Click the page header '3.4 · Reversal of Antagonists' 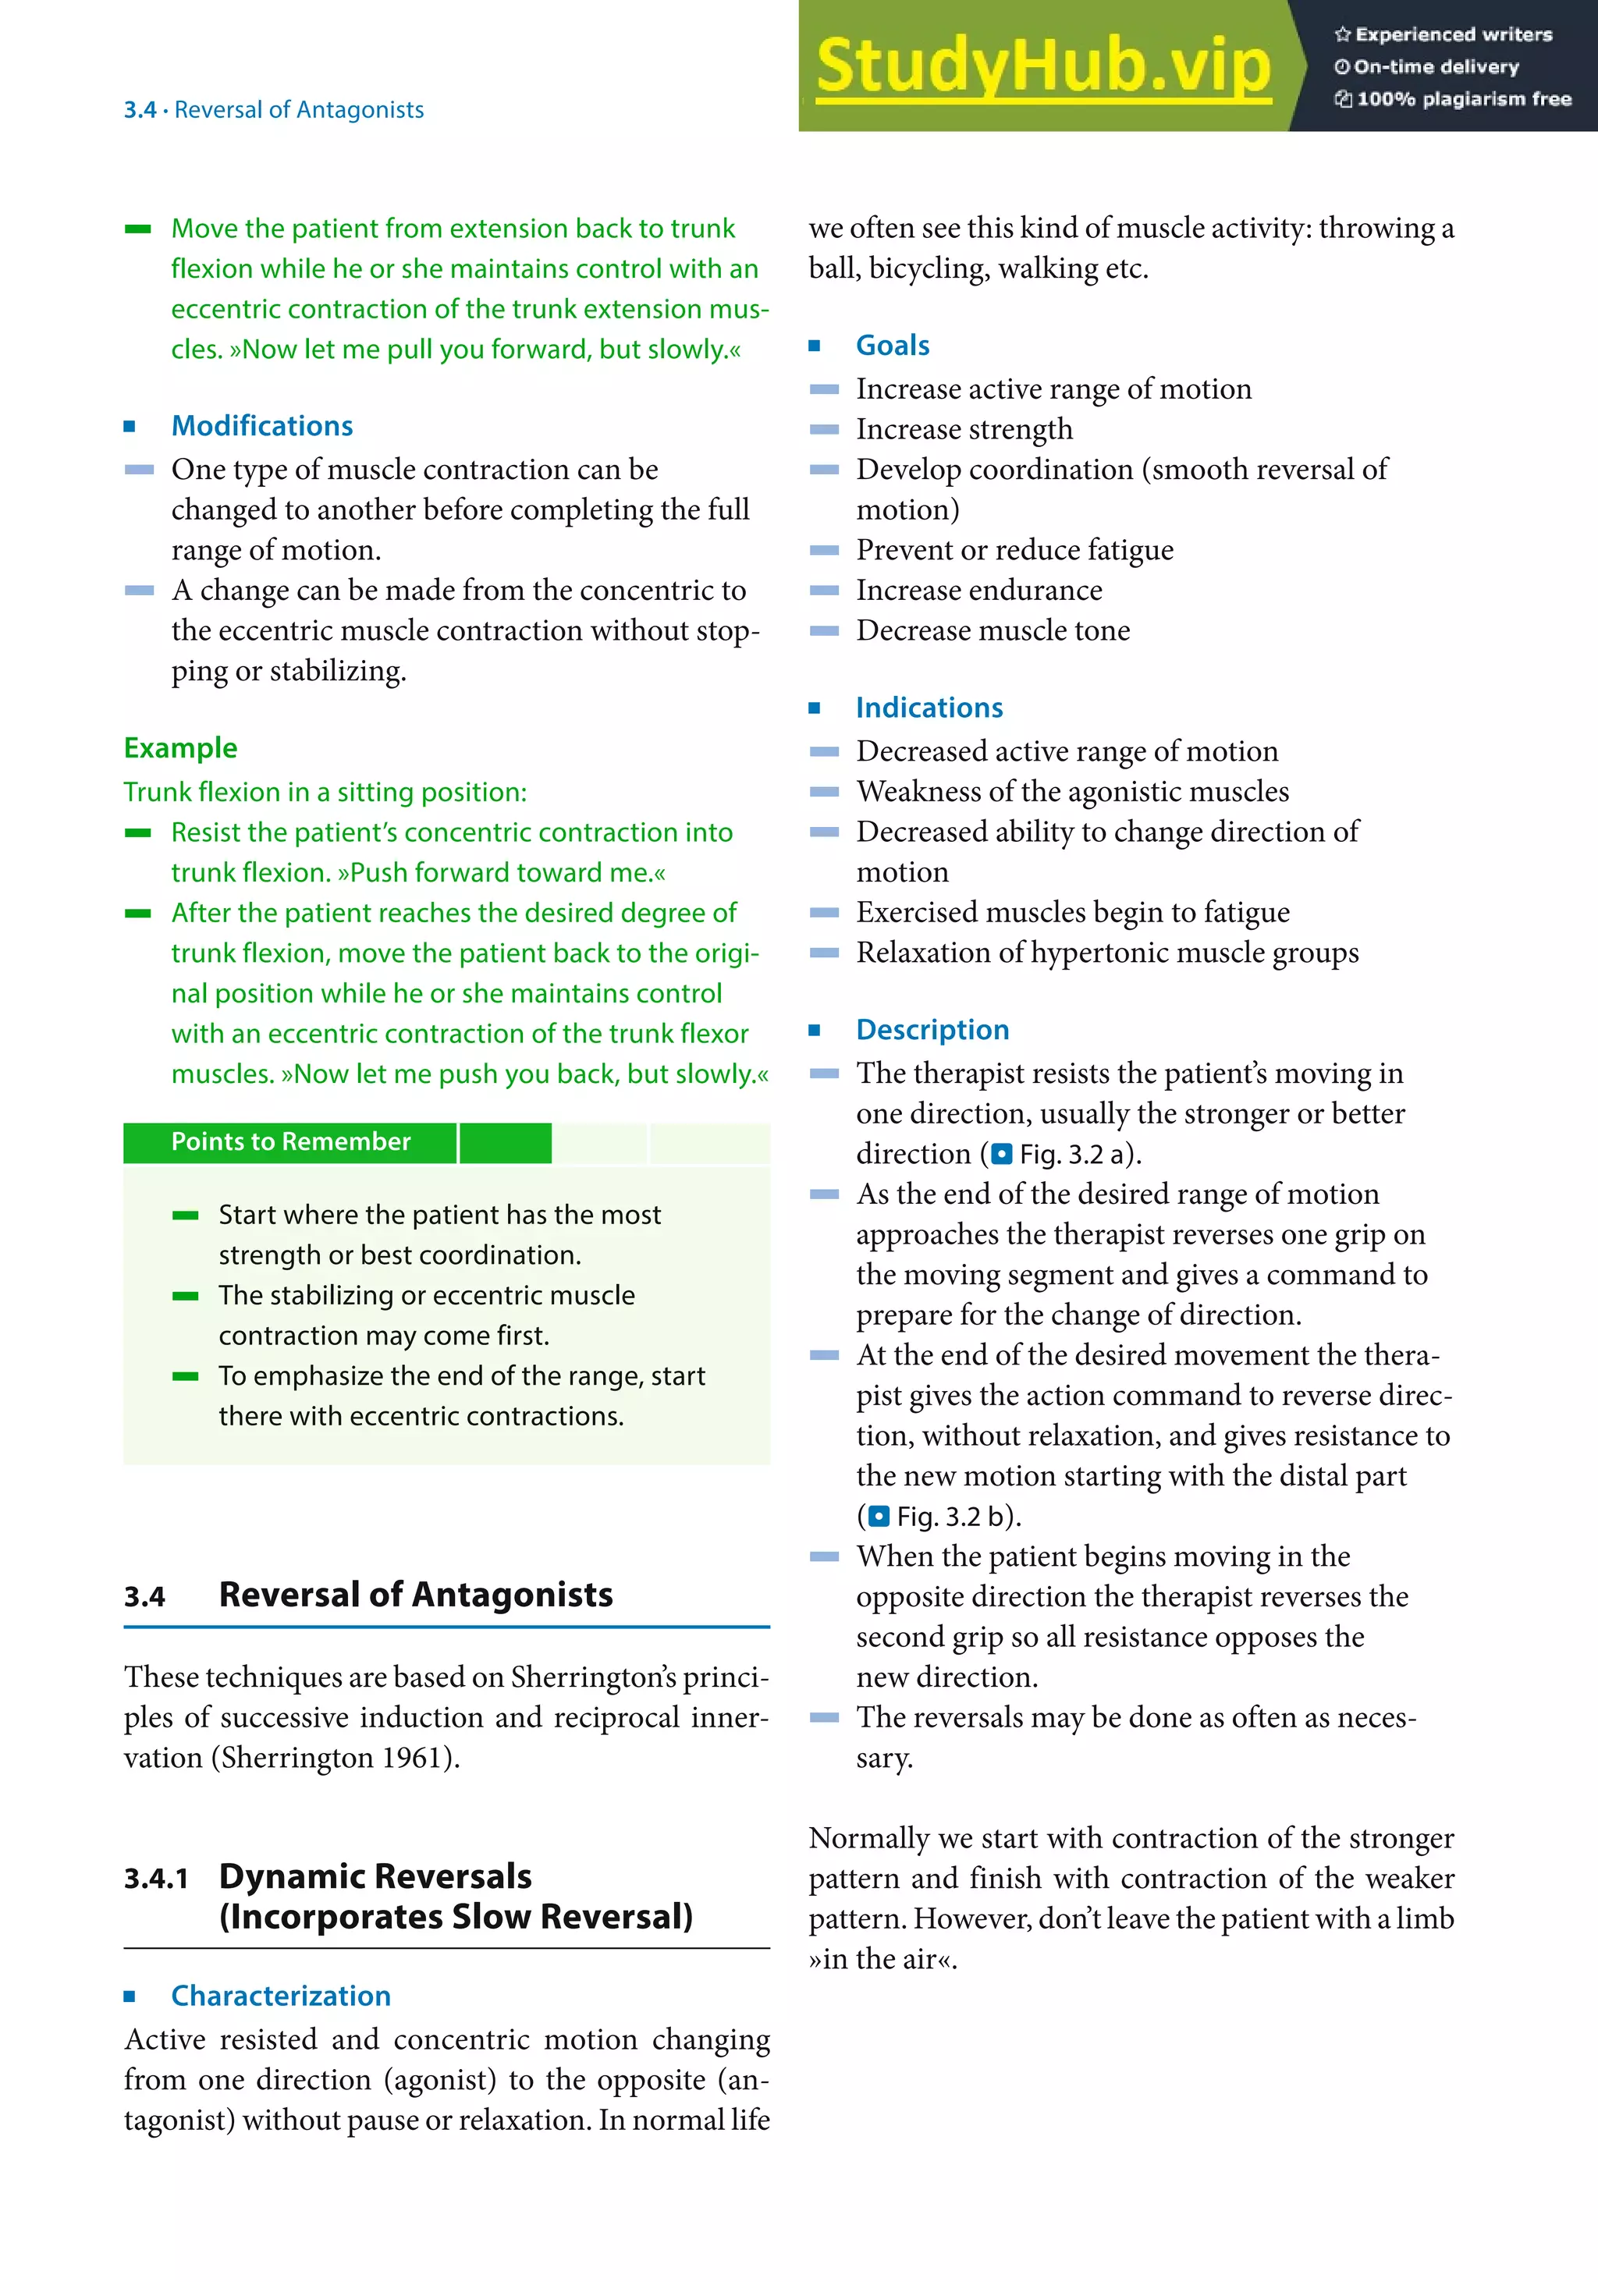coord(273,109)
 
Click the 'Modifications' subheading coord(261,427)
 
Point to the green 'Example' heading coord(180,748)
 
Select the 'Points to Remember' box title coord(290,1142)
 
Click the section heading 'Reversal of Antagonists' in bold coord(415,1595)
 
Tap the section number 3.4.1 coord(156,1879)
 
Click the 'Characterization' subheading coord(280,1996)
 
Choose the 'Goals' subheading coord(893,346)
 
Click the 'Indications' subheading coord(929,708)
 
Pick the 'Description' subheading coord(932,1030)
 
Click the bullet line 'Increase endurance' coord(979,591)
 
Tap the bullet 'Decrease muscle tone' coord(993,631)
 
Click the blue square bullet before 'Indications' coord(815,708)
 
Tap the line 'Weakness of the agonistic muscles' coord(1072,792)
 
